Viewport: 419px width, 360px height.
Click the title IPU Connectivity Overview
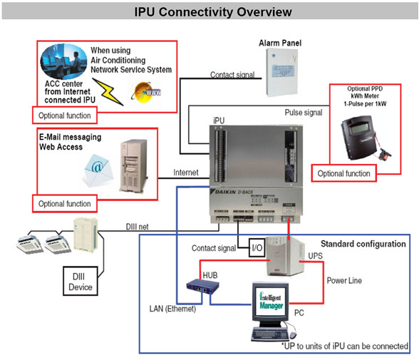tap(209, 13)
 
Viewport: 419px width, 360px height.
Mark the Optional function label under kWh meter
tap(344, 173)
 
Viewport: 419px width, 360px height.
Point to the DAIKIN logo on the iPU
tap(229, 193)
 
